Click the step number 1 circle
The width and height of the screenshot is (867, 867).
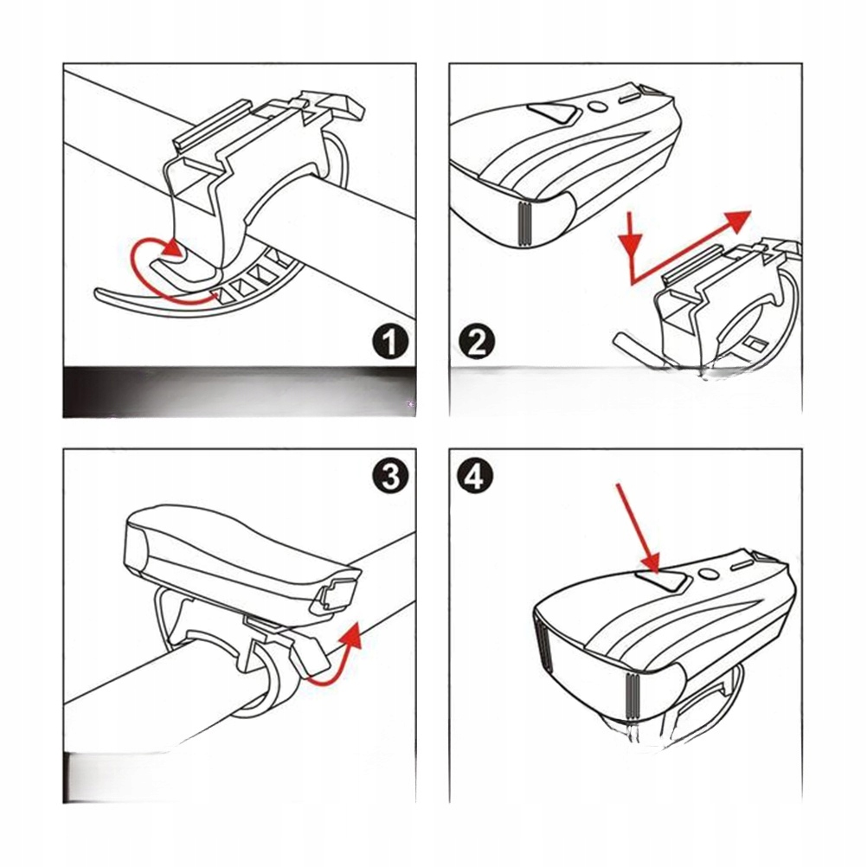(390, 343)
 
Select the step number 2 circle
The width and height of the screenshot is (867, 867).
(475, 343)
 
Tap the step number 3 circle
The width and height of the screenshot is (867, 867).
(390, 475)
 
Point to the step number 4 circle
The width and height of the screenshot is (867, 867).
(475, 475)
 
